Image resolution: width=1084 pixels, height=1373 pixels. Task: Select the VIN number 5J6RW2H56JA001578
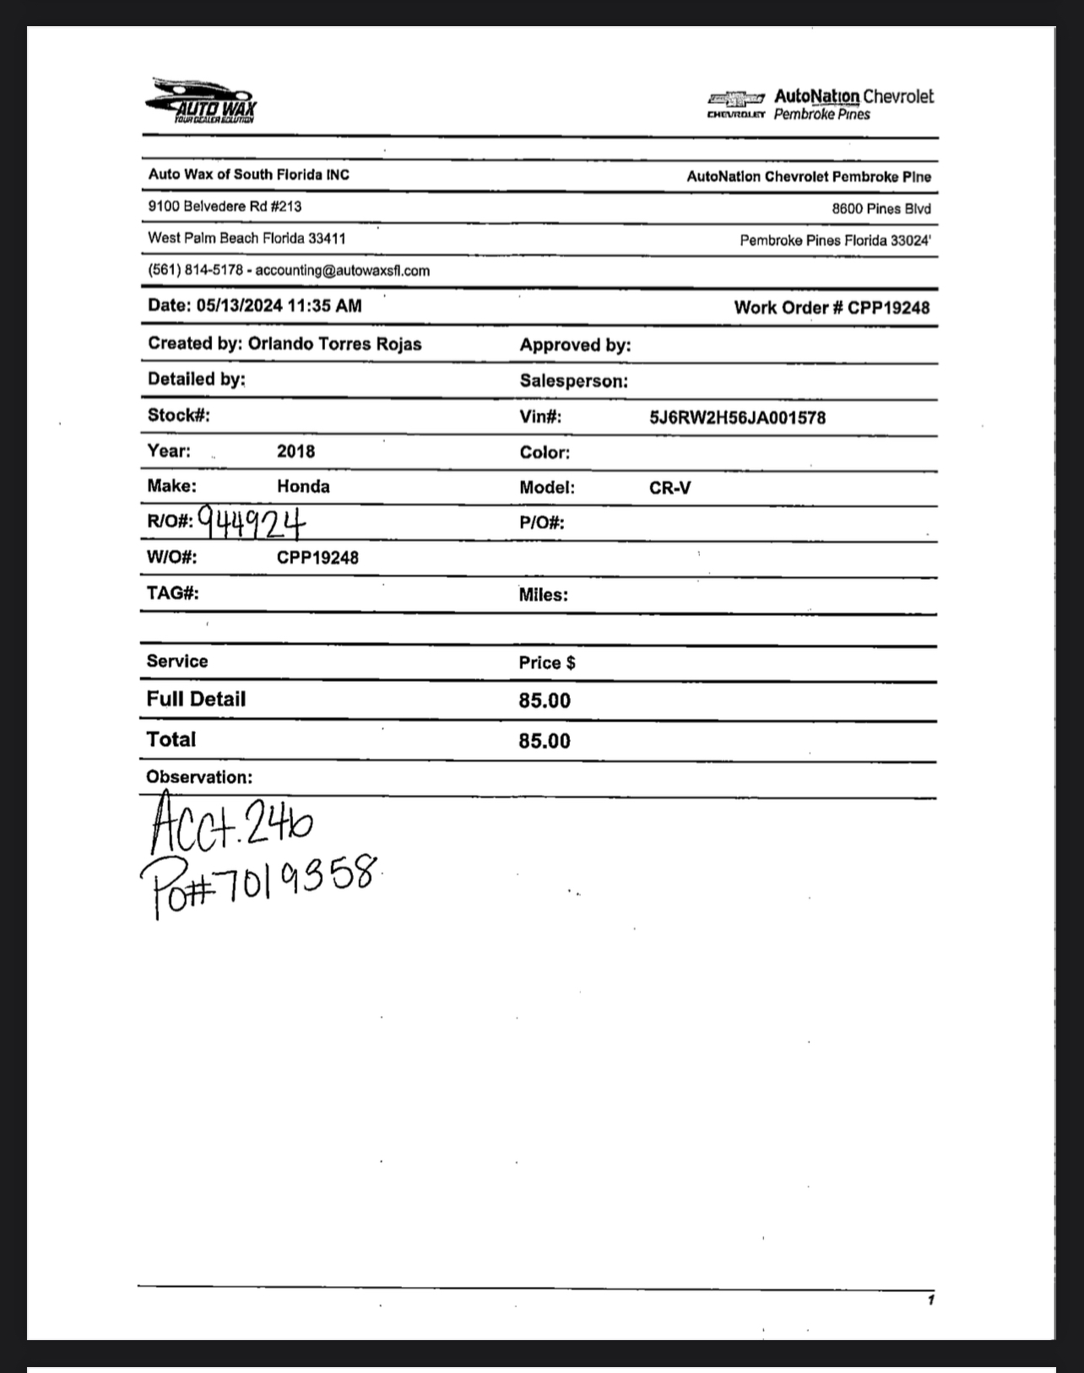pos(737,418)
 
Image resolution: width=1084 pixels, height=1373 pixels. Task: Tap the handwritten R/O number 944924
pos(252,522)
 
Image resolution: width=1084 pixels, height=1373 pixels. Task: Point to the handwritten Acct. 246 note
pos(230,823)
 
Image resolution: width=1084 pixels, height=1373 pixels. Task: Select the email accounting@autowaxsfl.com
pos(342,271)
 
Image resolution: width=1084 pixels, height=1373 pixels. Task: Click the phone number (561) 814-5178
pos(195,271)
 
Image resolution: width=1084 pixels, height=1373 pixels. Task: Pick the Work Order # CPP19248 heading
pos(831,308)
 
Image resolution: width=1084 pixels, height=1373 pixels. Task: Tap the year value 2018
pos(295,451)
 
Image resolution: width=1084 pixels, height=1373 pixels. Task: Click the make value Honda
pos(303,487)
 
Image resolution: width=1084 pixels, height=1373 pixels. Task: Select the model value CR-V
pos(669,489)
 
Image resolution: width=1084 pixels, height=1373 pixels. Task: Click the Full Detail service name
pos(196,700)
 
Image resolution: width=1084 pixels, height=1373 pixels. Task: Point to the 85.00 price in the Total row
pos(545,742)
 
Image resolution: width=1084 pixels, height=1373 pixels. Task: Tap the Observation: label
pos(199,777)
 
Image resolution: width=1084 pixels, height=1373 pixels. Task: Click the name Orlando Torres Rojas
pos(334,344)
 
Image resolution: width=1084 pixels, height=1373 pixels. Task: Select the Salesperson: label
pos(573,381)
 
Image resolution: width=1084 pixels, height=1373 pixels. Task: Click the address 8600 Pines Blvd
pos(881,209)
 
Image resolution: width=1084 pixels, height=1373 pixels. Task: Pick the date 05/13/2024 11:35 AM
pos(279,306)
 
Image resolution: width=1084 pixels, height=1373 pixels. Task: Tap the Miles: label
pos(543,595)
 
